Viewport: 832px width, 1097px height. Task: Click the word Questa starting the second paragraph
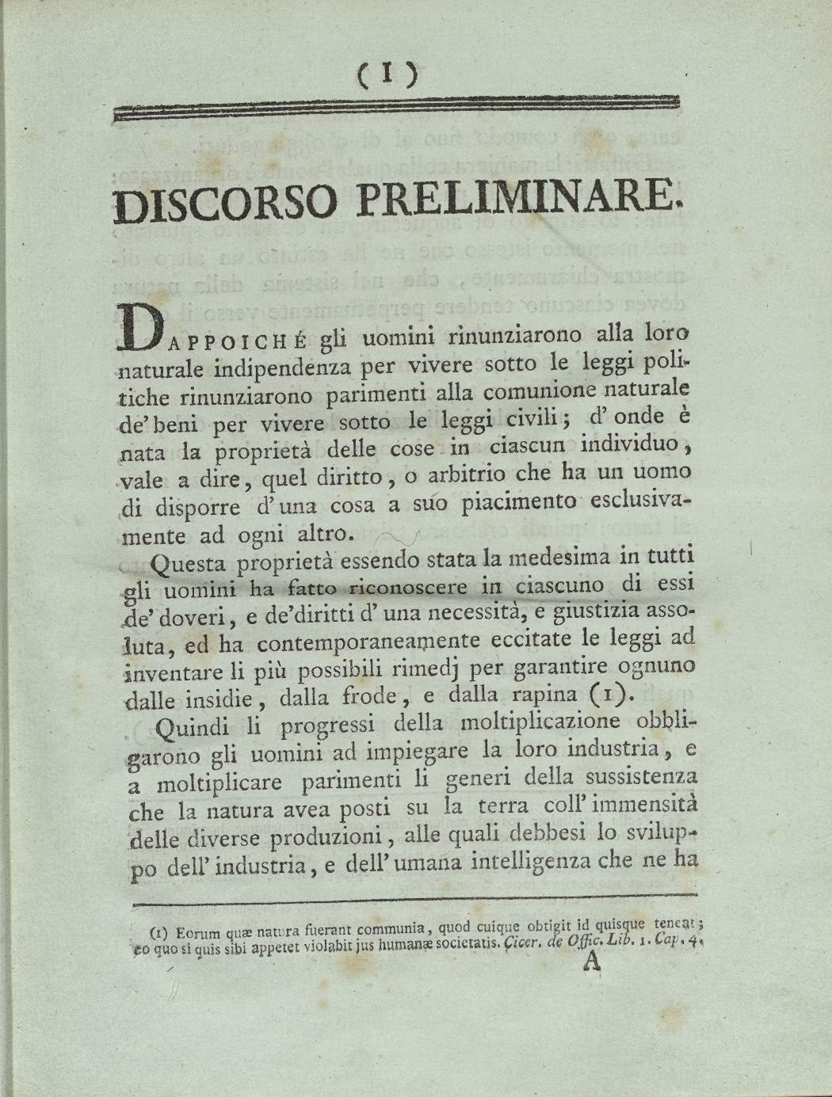[x=189, y=563]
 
